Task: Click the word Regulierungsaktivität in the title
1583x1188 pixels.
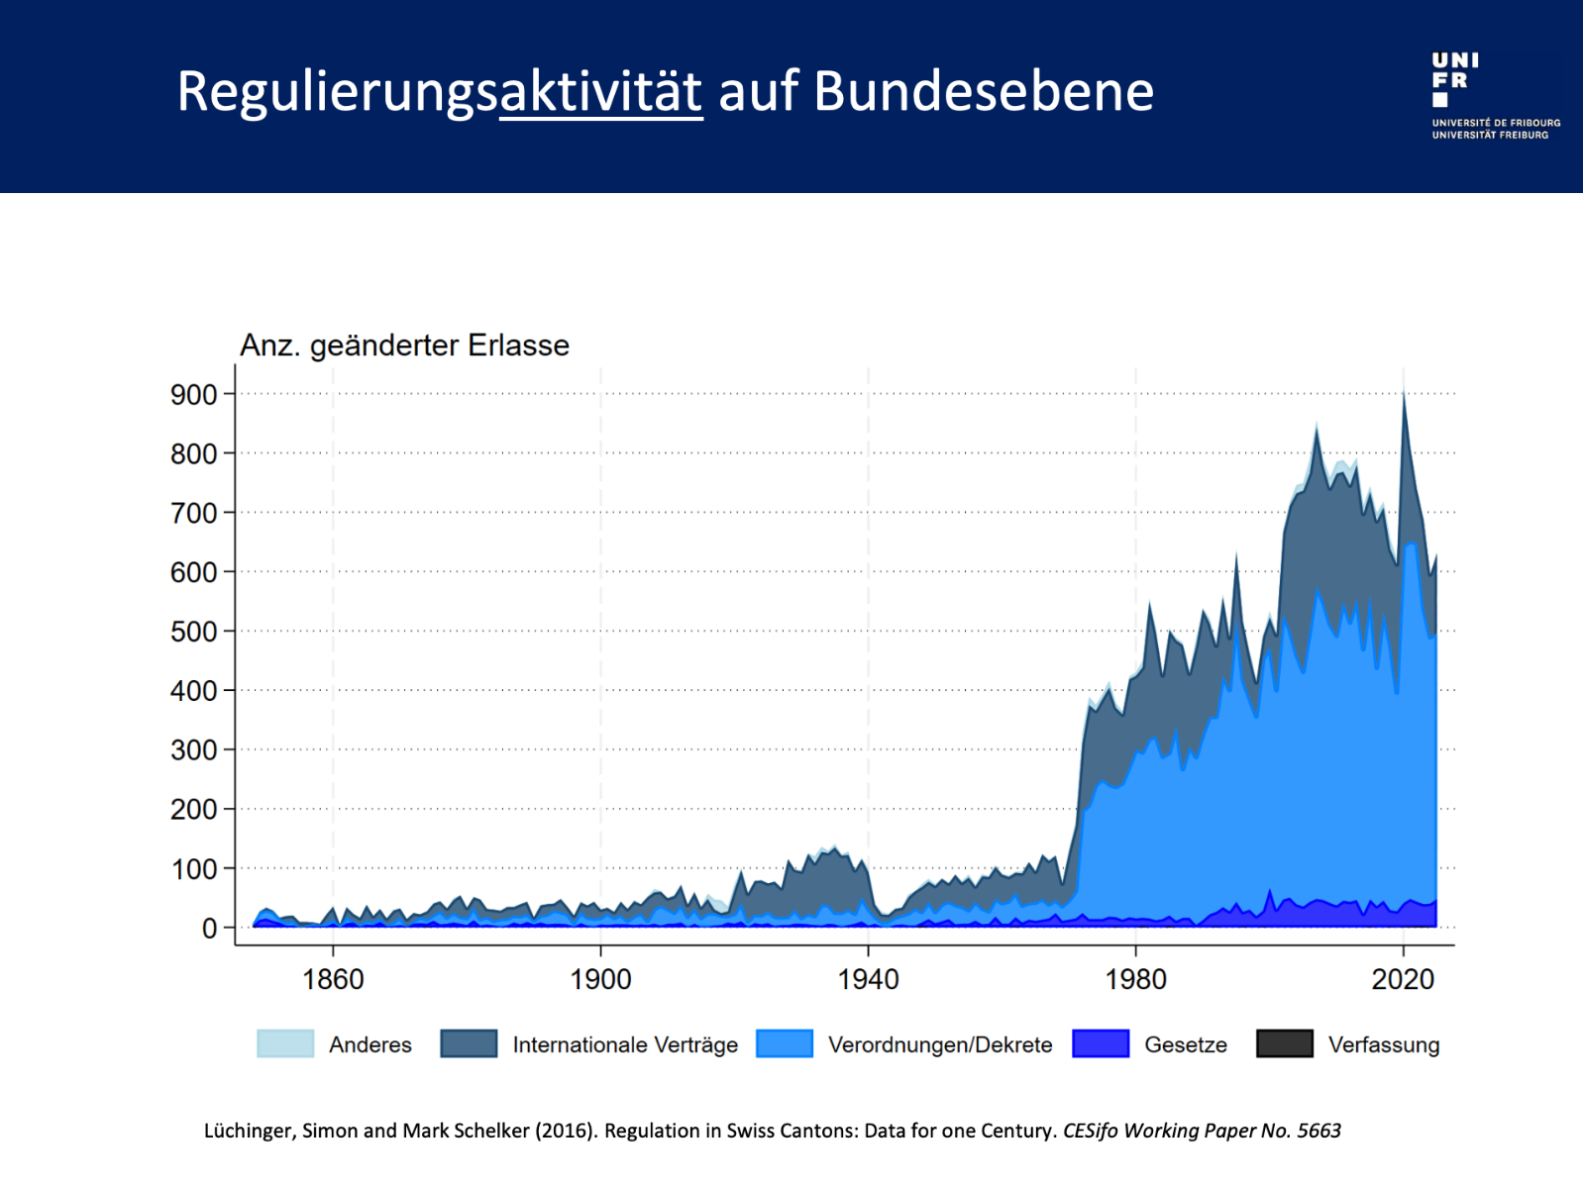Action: (439, 92)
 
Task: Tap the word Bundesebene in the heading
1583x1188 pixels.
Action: (983, 92)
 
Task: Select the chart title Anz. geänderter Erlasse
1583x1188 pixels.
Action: (404, 346)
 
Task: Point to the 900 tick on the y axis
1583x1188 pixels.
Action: (194, 395)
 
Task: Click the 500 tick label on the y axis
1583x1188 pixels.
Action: (194, 632)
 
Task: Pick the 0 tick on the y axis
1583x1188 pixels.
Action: (209, 929)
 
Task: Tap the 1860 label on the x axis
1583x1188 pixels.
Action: (333, 980)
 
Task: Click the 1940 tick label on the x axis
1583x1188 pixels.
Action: (868, 980)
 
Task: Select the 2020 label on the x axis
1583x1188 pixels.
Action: (1402, 980)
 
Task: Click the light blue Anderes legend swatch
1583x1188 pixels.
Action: (285, 1044)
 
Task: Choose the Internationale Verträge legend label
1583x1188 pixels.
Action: (624, 1045)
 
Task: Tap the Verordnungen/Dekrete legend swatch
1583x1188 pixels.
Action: (784, 1044)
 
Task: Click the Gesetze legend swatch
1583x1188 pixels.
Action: (1100, 1044)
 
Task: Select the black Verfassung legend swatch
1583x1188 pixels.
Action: (1284, 1044)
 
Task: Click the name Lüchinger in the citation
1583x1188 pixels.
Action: (249, 1132)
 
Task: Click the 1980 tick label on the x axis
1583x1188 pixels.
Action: (1135, 980)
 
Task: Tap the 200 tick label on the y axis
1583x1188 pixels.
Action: (194, 810)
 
